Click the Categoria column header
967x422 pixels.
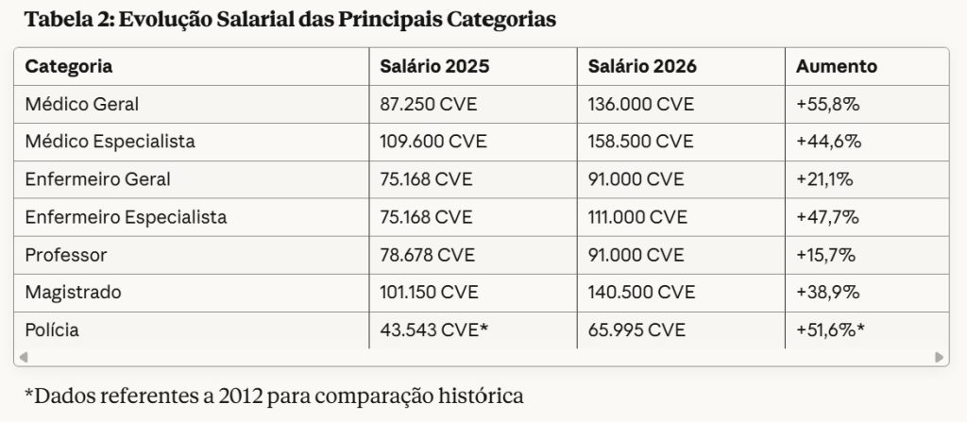coord(68,67)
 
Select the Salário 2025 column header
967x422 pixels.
coord(434,67)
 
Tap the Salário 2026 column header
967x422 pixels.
coord(642,67)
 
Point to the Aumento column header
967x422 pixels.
coord(837,67)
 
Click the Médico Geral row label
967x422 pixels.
coord(81,104)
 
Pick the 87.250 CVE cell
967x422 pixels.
coord(428,104)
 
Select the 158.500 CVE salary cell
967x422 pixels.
coord(641,142)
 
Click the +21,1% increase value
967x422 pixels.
coord(823,179)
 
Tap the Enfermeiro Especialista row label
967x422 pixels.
coord(126,217)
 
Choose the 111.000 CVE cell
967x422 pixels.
coord(637,217)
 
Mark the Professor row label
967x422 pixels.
coord(66,255)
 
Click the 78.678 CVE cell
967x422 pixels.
coord(427,255)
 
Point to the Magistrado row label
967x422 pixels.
coord(73,293)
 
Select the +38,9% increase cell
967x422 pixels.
coord(827,293)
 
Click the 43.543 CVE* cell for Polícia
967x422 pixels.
coord(433,330)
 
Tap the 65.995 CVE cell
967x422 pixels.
coord(636,330)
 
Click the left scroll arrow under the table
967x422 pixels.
coord(24,357)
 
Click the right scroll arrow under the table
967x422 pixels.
coord(940,357)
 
